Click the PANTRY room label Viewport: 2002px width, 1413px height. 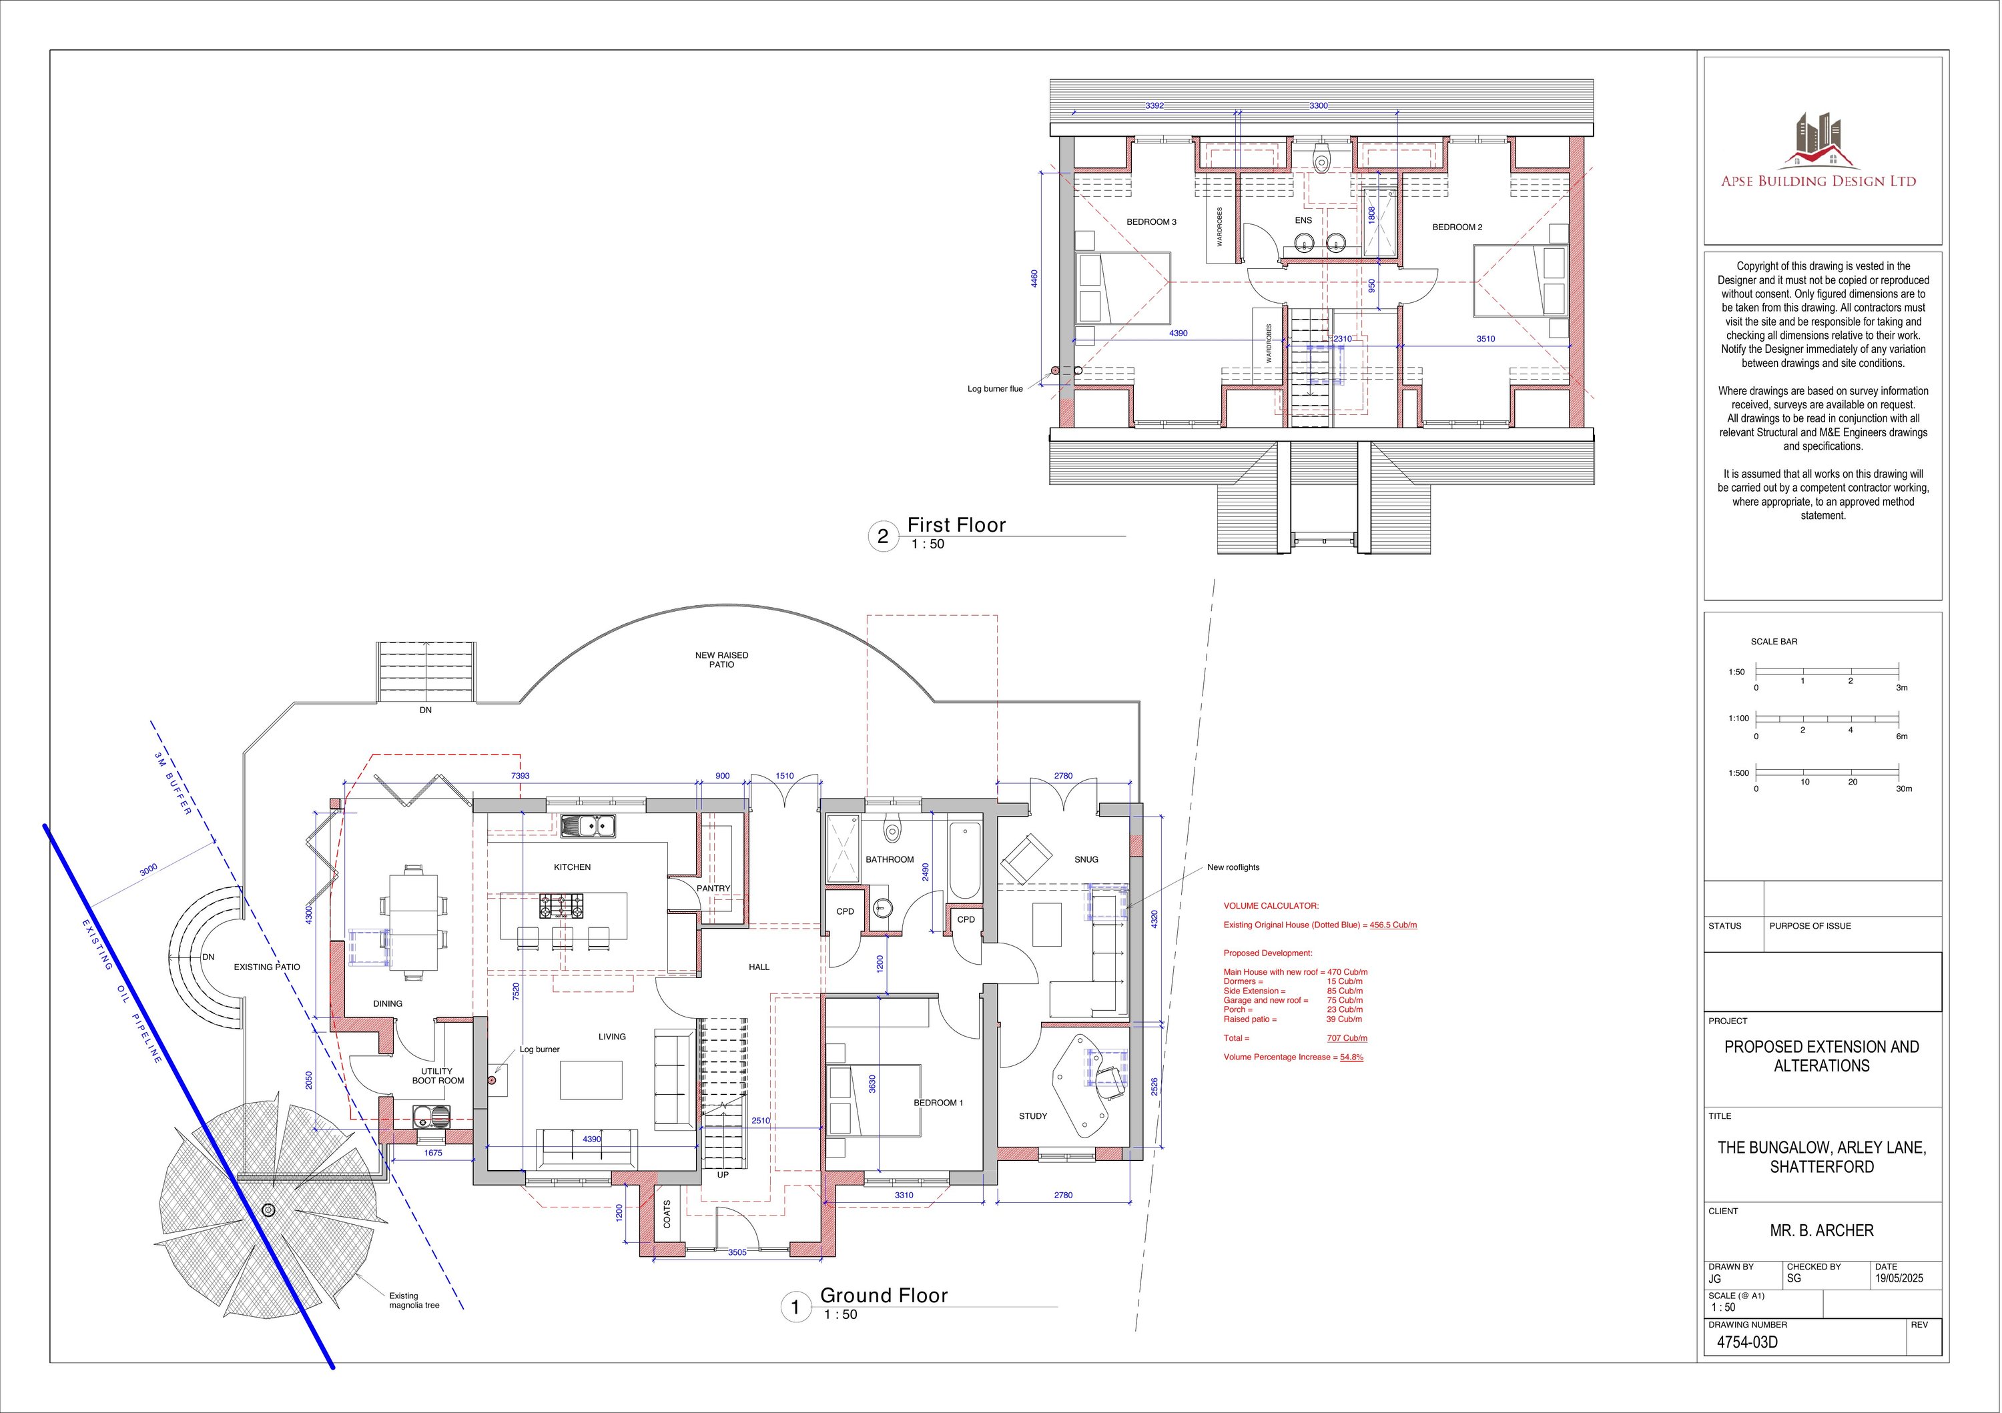tap(713, 888)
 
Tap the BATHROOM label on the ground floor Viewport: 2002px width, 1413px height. tap(890, 859)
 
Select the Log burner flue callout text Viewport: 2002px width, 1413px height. tap(995, 389)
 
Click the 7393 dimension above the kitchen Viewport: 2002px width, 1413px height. tap(520, 776)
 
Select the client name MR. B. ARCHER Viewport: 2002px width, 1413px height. tap(1822, 1231)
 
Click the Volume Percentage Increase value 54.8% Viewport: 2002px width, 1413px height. tap(1351, 1057)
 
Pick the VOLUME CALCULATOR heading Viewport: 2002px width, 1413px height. tap(1271, 907)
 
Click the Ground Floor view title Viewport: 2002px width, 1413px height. tap(884, 1296)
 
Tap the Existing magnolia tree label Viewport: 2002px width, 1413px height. tap(414, 1300)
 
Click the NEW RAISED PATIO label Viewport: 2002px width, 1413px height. tap(721, 660)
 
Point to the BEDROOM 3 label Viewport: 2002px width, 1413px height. tap(1151, 222)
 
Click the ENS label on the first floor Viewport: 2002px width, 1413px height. tap(1303, 221)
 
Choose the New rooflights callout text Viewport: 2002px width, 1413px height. tap(1233, 867)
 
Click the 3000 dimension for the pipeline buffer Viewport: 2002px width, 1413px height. tap(148, 870)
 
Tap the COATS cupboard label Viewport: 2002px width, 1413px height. tap(667, 1215)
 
